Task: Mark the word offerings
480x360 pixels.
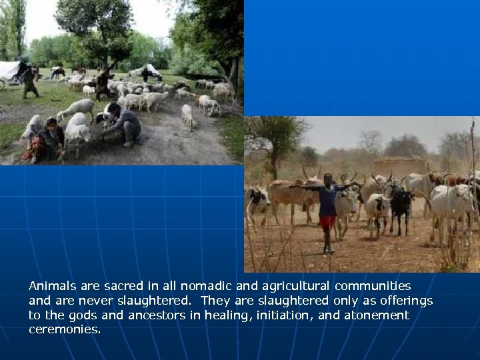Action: click(x=401, y=300)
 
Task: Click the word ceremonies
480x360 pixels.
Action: click(x=65, y=329)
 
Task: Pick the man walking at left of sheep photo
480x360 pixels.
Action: click(x=29, y=82)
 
